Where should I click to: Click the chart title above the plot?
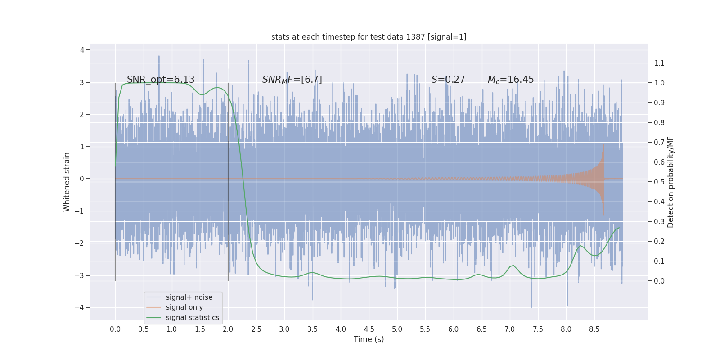click(369, 37)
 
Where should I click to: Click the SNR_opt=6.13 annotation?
click(161, 80)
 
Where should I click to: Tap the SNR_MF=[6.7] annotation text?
click(292, 80)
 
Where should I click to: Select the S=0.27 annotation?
click(448, 80)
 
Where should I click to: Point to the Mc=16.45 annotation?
click(510, 80)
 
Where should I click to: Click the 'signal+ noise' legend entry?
click(189, 297)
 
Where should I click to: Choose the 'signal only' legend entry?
click(184, 307)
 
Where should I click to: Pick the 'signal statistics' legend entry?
click(192, 318)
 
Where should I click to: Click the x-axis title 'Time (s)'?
click(369, 339)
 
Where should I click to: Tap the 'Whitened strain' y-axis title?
click(67, 182)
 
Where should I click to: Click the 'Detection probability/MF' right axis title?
click(670, 182)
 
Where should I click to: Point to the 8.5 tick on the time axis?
click(594, 329)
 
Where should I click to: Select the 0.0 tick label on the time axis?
click(115, 329)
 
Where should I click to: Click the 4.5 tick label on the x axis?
click(369, 329)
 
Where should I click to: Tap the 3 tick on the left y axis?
click(82, 82)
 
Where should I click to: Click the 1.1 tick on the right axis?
click(659, 63)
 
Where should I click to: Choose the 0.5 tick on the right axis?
click(659, 182)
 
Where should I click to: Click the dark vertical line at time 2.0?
click(228, 180)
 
